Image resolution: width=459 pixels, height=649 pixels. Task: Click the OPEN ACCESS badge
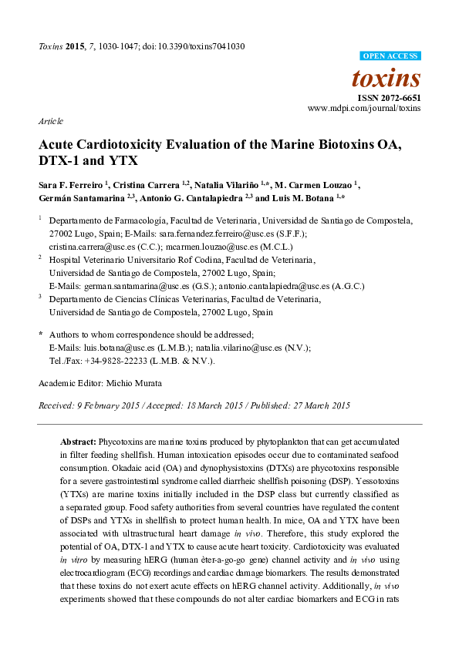391,56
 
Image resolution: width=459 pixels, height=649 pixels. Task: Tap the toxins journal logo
386,78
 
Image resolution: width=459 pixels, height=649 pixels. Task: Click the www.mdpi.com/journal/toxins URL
364,109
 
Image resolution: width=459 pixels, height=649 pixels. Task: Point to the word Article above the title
50,122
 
